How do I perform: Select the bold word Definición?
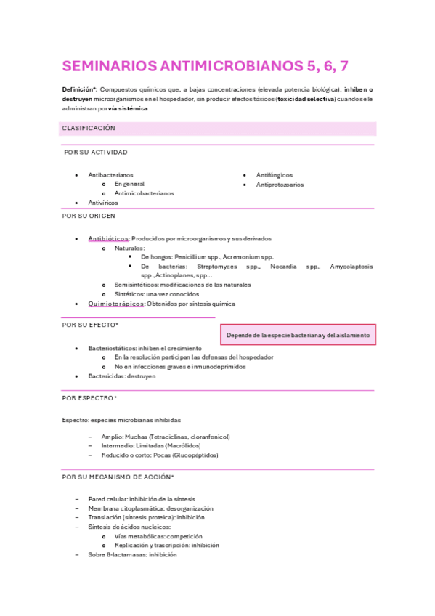(x=77, y=89)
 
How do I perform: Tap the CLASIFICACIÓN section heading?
(x=89, y=128)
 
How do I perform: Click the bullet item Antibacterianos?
(x=110, y=175)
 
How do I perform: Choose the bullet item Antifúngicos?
(x=275, y=175)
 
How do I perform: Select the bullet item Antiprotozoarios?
(x=280, y=185)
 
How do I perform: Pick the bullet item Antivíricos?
(x=103, y=203)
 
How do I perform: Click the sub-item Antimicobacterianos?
(x=144, y=193)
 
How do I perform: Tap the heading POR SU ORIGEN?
(x=89, y=216)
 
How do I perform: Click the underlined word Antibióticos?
(x=108, y=238)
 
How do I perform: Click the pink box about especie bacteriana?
(x=298, y=335)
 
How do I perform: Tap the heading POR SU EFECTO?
(x=90, y=325)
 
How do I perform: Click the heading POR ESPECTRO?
(x=89, y=398)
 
